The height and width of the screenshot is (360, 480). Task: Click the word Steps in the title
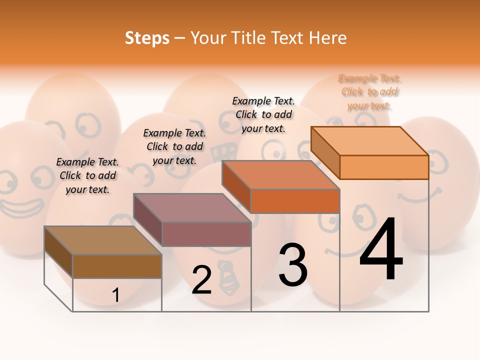click(147, 38)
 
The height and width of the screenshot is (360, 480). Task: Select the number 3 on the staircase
click(292, 265)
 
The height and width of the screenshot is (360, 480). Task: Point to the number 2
click(201, 280)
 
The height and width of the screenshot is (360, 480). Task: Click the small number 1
click(115, 295)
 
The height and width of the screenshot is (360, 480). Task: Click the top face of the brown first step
click(102, 240)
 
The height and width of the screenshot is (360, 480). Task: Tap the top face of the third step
click(280, 175)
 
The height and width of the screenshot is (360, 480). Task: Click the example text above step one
click(87, 175)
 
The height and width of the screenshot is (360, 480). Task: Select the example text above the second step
click(174, 146)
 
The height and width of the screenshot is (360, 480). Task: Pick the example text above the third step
click(263, 114)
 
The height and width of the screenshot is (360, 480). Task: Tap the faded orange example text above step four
click(369, 92)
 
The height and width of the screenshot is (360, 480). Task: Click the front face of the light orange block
click(384, 167)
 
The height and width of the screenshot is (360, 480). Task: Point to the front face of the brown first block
click(117, 266)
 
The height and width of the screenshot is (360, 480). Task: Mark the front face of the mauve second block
click(206, 234)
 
